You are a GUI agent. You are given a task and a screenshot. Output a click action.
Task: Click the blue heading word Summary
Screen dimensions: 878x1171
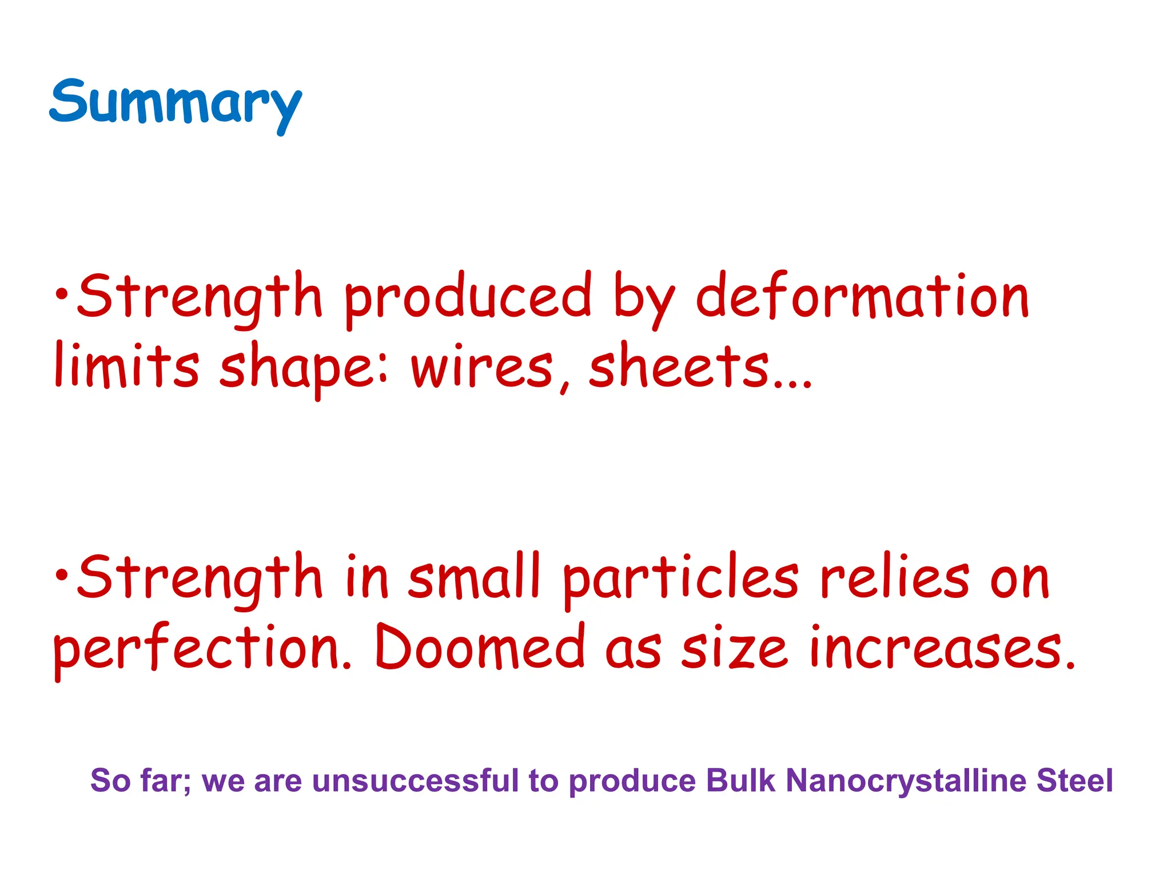pyautogui.click(x=175, y=103)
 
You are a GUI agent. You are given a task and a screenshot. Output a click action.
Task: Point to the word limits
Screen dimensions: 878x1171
pyautogui.click(x=126, y=366)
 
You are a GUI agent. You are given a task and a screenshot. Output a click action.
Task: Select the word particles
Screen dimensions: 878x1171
pyautogui.click(x=680, y=578)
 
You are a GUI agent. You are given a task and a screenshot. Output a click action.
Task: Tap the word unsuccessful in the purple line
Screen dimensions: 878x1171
pyautogui.click(x=415, y=781)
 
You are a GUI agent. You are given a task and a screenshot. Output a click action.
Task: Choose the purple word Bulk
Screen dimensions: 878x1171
pyautogui.click(x=740, y=781)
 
